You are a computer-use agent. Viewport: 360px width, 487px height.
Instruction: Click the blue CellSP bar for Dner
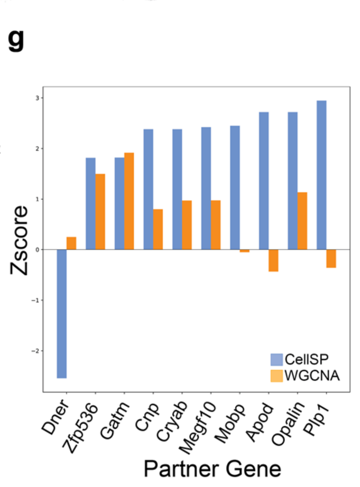pyautogui.click(x=62, y=313)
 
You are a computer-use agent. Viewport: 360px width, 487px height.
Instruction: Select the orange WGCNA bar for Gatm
pyautogui.click(x=129, y=201)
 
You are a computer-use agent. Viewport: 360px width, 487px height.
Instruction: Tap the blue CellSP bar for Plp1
pyautogui.click(x=322, y=175)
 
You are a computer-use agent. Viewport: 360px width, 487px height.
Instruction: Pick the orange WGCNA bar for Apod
pyautogui.click(x=273, y=260)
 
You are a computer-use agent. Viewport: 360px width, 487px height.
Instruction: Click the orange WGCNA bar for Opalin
pyautogui.click(x=302, y=221)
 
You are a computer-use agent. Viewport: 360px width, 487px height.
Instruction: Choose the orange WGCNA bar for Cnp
pyautogui.click(x=158, y=229)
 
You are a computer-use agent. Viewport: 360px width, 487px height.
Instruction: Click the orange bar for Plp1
pyautogui.click(x=331, y=258)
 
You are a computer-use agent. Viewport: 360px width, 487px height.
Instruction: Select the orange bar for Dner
pyautogui.click(x=71, y=243)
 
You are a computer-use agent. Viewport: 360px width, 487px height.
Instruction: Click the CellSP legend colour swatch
pyautogui.click(x=276, y=360)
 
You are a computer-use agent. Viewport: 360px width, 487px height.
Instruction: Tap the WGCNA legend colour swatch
pyautogui.click(x=276, y=375)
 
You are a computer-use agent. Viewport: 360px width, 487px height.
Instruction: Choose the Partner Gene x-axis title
pyautogui.click(x=212, y=469)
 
